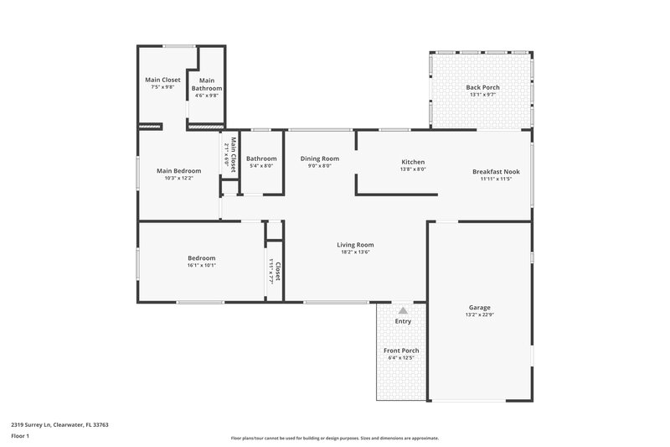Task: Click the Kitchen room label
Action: [x=413, y=162]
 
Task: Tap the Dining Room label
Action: [x=319, y=159]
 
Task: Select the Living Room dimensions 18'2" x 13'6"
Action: [x=355, y=252]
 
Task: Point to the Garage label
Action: [x=479, y=308]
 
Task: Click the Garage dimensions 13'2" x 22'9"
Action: [x=479, y=315]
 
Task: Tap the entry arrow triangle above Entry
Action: [x=402, y=310]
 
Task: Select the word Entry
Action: [x=403, y=321]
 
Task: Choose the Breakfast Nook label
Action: [x=496, y=171]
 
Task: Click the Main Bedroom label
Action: [x=178, y=171]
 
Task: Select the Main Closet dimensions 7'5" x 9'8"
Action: [x=162, y=87]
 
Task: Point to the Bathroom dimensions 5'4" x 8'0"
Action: [x=261, y=166]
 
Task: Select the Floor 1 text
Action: [x=20, y=436]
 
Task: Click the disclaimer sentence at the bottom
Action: [x=334, y=438]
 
